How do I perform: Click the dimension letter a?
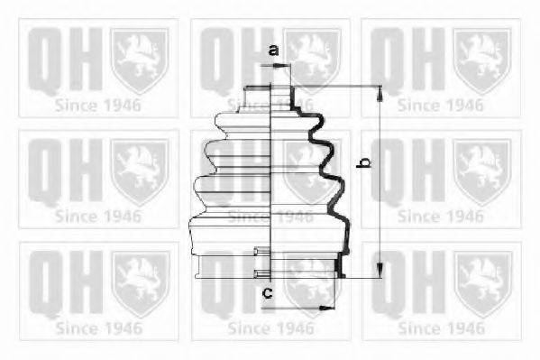(x=273, y=51)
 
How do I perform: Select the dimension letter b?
(x=364, y=164)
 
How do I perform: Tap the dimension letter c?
(x=266, y=292)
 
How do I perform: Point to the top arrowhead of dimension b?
(x=380, y=91)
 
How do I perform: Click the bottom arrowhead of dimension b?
(x=380, y=272)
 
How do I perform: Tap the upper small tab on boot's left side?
(x=261, y=253)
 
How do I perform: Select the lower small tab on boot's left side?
(x=261, y=273)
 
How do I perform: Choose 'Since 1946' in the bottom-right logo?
(x=441, y=327)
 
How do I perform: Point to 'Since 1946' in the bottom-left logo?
(x=98, y=327)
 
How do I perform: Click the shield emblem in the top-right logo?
(x=481, y=59)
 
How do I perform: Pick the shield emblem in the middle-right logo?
(x=481, y=171)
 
